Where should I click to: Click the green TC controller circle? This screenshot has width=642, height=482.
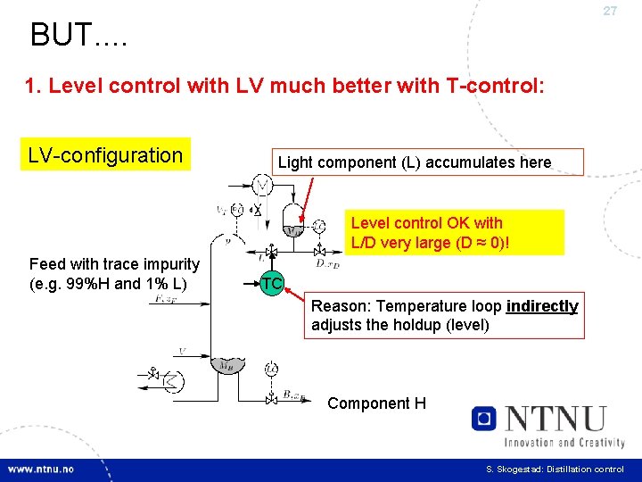coord(272,283)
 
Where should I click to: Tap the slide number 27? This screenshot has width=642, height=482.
coord(610,12)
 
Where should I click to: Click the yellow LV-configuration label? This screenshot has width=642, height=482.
coord(105,155)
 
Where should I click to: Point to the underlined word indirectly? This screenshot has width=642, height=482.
coord(542,306)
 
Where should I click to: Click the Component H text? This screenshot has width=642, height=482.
coord(376,403)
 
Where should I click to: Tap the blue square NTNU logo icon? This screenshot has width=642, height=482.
coord(483,418)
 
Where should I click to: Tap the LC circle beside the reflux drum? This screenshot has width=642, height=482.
coord(319,226)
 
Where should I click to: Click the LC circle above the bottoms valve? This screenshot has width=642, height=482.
coord(271,368)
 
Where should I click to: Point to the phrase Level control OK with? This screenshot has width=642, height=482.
coord(426,223)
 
